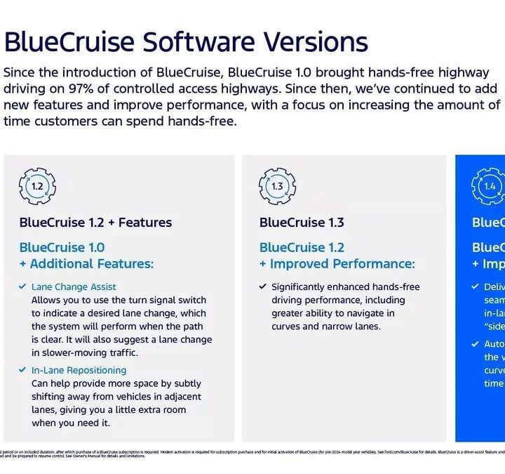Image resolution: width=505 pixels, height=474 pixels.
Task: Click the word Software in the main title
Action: pos(196,42)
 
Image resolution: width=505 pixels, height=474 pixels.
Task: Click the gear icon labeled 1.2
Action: pos(37,186)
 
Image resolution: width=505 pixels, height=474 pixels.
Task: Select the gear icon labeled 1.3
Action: pos(277,186)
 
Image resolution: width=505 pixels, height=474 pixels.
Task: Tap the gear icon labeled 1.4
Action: pos(489,186)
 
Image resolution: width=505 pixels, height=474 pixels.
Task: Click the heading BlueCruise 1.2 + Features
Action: pos(95,223)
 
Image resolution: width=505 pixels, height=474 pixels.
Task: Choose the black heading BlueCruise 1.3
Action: pos(302,223)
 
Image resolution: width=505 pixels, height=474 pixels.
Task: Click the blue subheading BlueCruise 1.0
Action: pos(62,247)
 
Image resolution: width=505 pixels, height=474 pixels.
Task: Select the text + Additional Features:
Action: pos(86,263)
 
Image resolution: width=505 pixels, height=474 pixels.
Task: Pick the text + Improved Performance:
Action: pos(337,263)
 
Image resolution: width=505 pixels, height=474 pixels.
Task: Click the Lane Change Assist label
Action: pos(74,287)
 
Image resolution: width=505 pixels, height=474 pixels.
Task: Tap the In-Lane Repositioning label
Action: pos(79,370)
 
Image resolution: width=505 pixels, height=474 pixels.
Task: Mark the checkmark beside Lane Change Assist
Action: pos(22,287)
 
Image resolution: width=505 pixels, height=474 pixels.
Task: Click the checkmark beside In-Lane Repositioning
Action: pos(22,370)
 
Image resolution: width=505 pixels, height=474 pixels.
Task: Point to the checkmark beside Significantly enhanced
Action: pos(262,287)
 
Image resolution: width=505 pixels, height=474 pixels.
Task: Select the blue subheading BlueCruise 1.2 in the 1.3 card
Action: pos(302,247)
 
